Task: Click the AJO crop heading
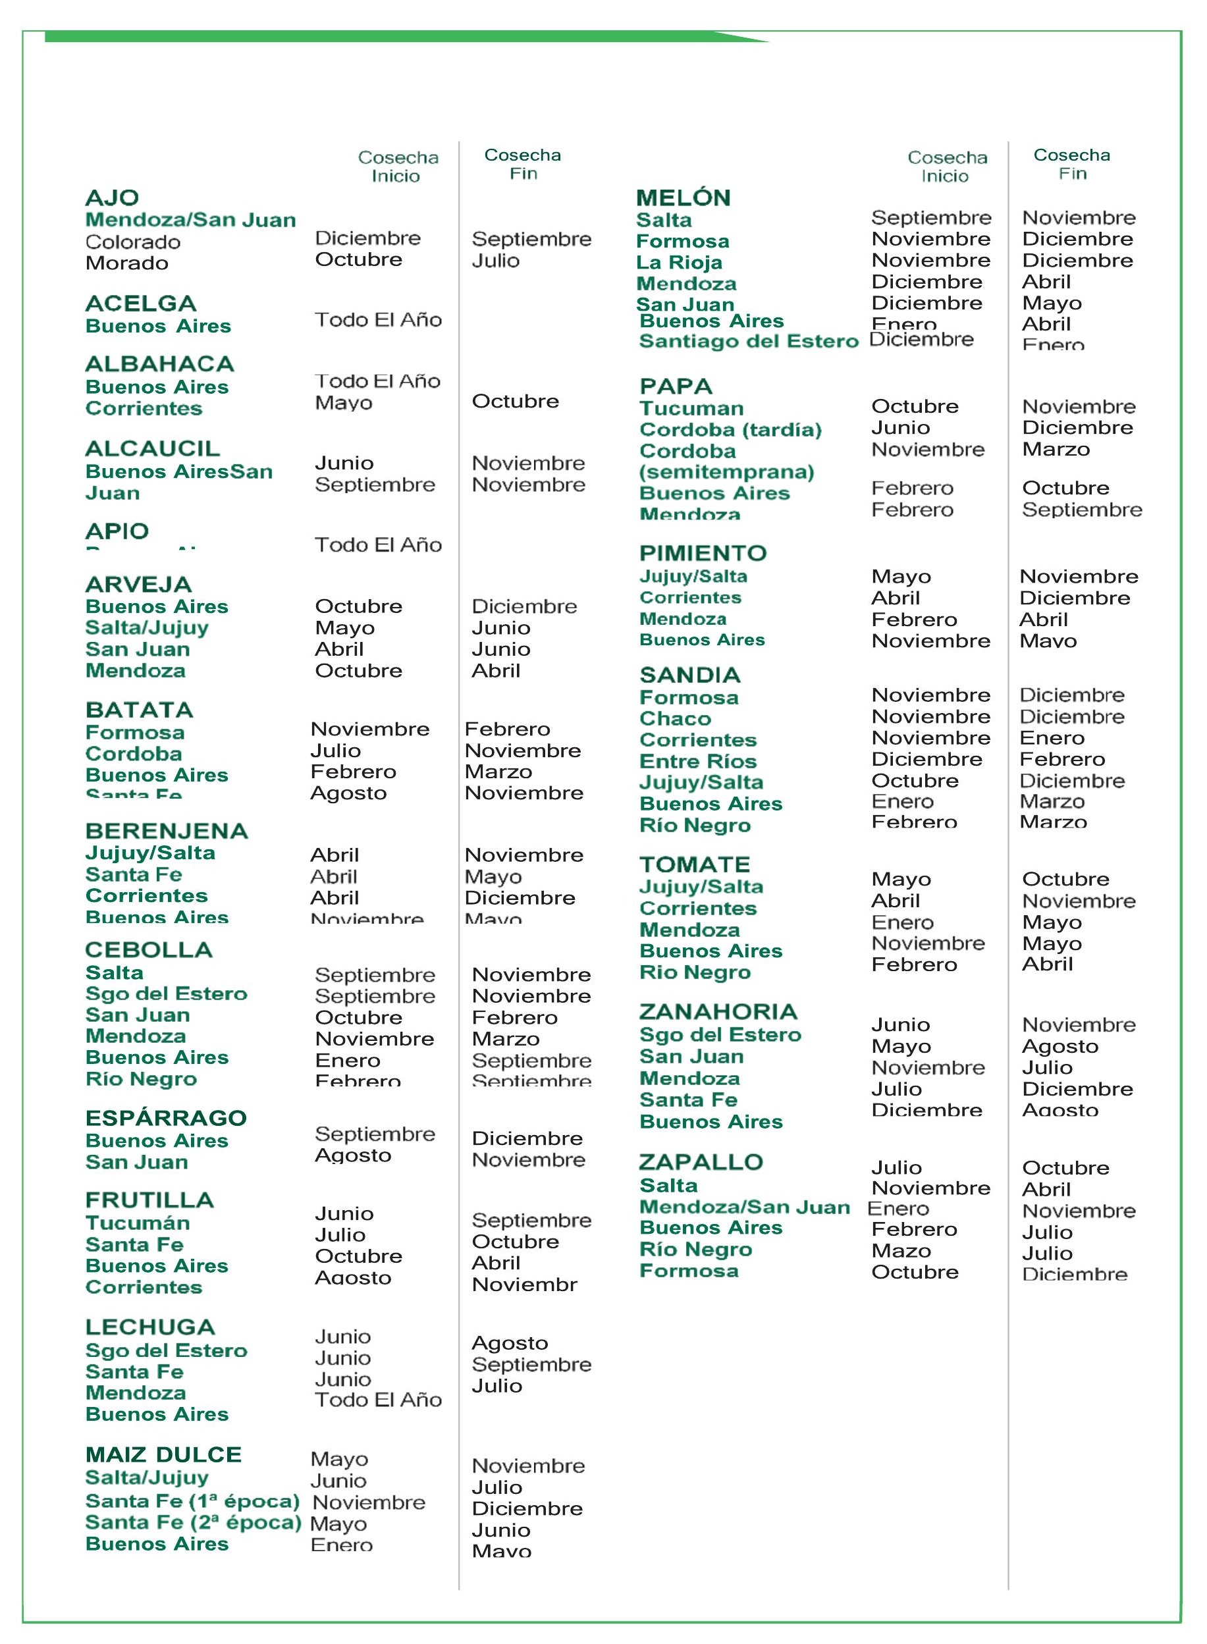click(x=112, y=198)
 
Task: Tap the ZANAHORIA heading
click(x=718, y=1011)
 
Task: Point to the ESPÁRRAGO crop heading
click(x=166, y=1117)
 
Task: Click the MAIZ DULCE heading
click(x=163, y=1454)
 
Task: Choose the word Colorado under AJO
click(x=132, y=242)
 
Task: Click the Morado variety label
click(x=126, y=263)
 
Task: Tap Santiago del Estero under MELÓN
click(x=748, y=341)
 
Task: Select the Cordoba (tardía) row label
click(x=730, y=429)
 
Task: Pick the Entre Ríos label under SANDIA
click(x=698, y=761)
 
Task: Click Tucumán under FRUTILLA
click(x=138, y=1223)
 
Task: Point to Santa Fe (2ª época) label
click(x=193, y=1522)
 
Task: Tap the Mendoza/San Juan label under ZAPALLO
click(x=745, y=1207)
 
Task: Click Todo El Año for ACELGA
click(x=378, y=320)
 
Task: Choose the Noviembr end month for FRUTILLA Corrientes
click(x=524, y=1285)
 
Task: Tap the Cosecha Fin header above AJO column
click(x=522, y=165)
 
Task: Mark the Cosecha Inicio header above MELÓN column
click(x=947, y=167)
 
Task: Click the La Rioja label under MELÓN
click(x=679, y=262)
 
